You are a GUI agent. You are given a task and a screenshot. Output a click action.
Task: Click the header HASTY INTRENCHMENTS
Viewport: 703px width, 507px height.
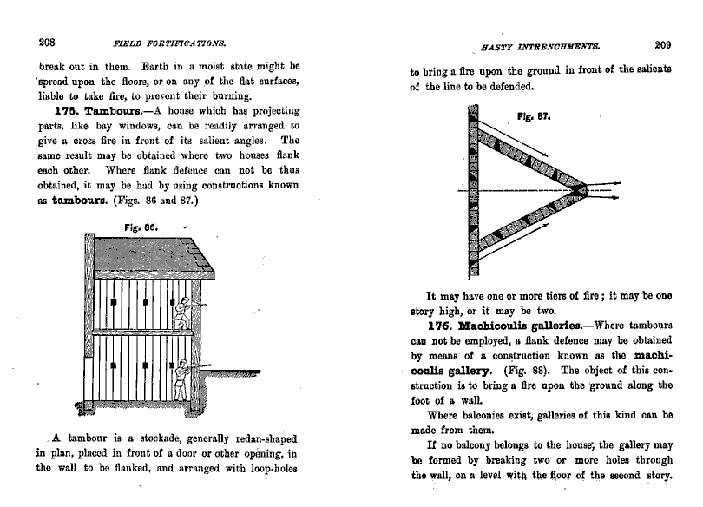pyautogui.click(x=529, y=47)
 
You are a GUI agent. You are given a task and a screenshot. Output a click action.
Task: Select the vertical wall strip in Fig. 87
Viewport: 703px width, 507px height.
pyautogui.click(x=473, y=191)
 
